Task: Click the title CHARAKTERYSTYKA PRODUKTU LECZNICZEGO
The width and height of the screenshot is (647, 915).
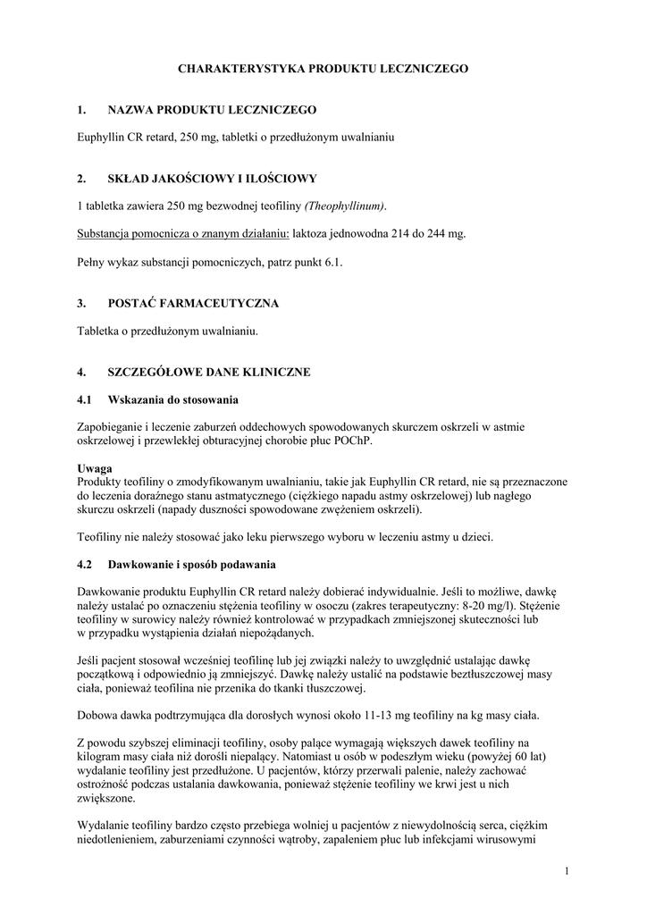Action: click(323, 68)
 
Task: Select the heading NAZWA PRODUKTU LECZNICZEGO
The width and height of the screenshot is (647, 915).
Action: click(212, 109)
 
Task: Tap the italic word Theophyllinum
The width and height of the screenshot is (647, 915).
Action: click(345, 206)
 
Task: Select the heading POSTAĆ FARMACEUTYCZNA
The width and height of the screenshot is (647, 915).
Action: click(193, 303)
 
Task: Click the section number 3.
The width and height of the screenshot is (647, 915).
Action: click(81, 303)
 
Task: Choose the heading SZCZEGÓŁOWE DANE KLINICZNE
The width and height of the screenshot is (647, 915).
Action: click(209, 372)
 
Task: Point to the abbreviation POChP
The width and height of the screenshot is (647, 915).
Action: click(379, 441)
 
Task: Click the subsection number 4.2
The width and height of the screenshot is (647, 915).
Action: click(86, 565)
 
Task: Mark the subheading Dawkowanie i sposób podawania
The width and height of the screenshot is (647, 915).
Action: click(192, 565)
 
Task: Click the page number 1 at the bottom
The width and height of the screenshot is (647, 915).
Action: click(567, 869)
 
